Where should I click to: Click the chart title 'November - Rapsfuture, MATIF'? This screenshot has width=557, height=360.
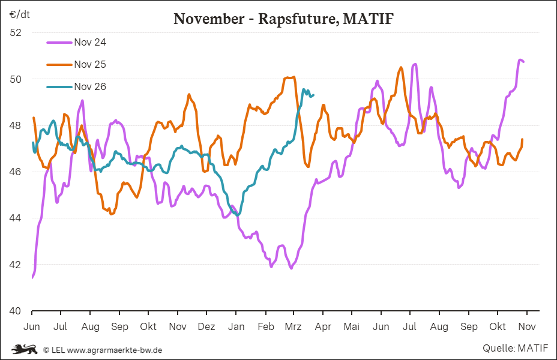(283, 19)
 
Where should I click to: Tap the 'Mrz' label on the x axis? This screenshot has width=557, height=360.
(294, 326)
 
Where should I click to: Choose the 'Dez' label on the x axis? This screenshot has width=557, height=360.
(206, 326)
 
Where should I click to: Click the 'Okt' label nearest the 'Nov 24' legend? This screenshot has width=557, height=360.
(148, 326)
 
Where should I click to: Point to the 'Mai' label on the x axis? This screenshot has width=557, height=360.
(352, 326)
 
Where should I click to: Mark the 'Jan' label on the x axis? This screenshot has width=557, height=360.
(236, 326)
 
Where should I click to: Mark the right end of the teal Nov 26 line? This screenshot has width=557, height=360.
(313, 94)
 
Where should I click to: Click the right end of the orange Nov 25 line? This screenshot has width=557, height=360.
(522, 140)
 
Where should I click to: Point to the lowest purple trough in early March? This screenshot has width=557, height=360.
(291, 268)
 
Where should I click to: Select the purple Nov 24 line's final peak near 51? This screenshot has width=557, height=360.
(520, 60)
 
